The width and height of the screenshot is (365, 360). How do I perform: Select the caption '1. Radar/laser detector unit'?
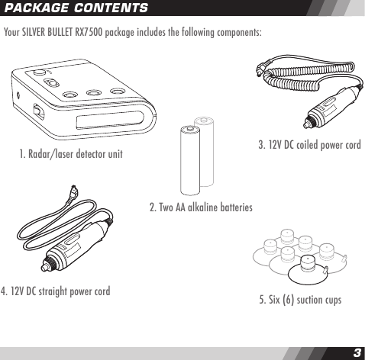click(71, 156)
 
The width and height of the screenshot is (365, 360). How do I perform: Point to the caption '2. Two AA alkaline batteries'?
click(201, 207)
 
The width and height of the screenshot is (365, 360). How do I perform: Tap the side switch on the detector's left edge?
click(37, 111)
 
